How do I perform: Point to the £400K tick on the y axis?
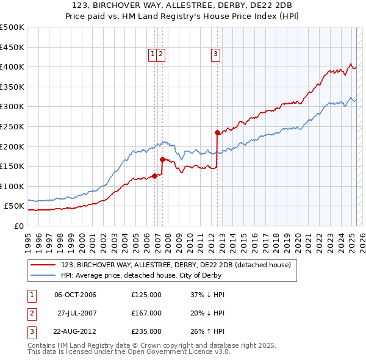(x=12, y=67)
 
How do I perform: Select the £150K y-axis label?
(x=12, y=166)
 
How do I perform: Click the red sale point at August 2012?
(x=217, y=132)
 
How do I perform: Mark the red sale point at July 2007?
(x=162, y=159)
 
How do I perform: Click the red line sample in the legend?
(x=43, y=265)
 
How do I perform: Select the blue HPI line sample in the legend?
(x=43, y=275)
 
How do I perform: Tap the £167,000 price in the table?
(x=146, y=313)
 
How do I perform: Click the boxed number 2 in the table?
(x=31, y=313)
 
